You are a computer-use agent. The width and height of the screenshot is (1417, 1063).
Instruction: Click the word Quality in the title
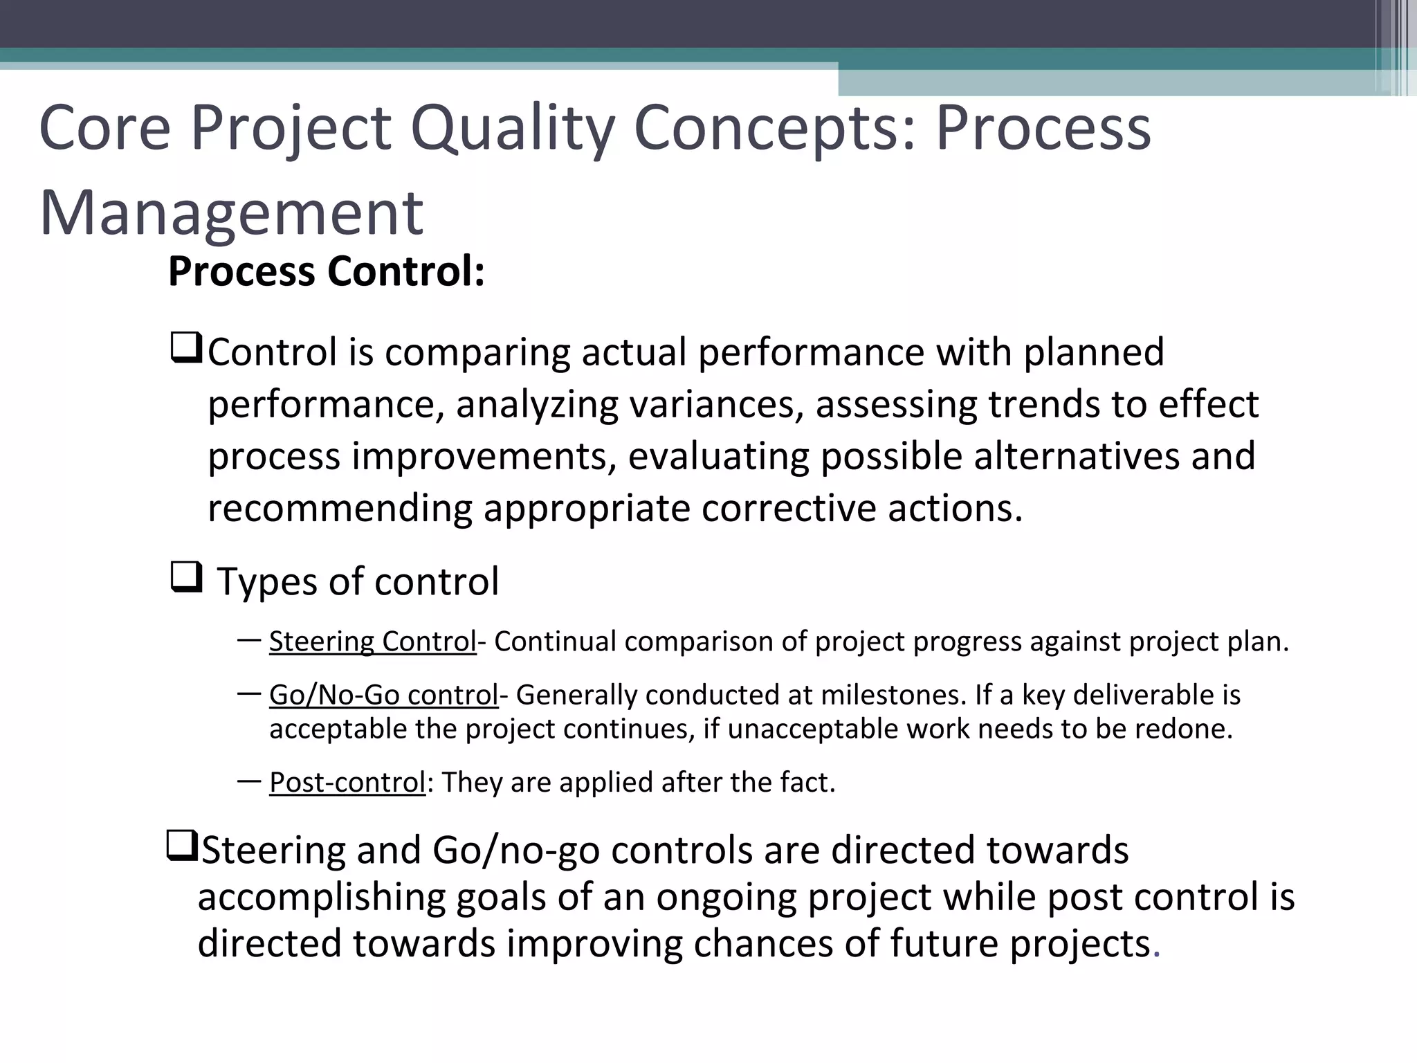click(511, 129)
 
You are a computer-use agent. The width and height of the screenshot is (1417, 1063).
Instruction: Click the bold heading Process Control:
click(326, 271)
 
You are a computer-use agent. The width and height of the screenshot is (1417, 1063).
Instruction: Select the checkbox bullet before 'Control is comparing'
click(185, 348)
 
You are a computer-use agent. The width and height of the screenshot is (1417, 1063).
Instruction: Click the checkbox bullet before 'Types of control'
click(185, 577)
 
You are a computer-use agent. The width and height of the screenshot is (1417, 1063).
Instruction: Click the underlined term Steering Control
click(372, 642)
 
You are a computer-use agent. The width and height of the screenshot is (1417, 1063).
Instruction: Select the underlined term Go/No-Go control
click(383, 695)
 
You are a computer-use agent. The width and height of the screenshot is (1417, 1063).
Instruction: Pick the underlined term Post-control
click(347, 783)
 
